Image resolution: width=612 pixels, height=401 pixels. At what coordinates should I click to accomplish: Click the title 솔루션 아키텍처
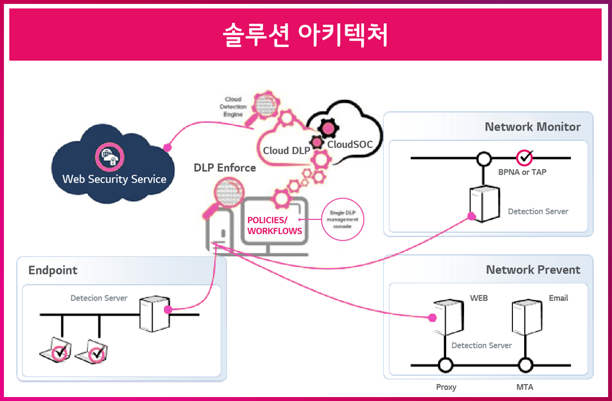tap(305, 34)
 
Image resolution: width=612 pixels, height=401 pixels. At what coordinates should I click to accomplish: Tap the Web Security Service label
tap(114, 179)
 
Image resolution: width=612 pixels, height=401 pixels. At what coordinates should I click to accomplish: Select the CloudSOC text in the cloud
tap(349, 145)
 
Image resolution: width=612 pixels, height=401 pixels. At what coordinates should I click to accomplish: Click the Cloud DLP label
tap(287, 150)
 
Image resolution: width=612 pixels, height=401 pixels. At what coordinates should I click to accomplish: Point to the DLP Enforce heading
tap(225, 168)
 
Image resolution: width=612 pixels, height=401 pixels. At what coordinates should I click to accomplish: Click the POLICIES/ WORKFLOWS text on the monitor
tap(274, 225)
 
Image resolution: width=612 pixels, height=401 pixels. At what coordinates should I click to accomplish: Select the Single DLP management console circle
tap(343, 220)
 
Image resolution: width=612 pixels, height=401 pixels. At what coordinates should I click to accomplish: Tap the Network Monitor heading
tap(532, 127)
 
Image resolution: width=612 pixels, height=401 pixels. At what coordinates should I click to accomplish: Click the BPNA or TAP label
tap(522, 172)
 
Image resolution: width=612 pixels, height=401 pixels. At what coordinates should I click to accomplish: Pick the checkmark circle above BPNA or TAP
tap(524, 158)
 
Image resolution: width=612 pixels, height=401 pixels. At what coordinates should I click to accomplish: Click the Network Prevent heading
tap(533, 270)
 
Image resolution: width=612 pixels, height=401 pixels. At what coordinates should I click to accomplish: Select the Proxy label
tap(446, 387)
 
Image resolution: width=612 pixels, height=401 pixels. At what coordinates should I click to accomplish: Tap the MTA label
tap(525, 387)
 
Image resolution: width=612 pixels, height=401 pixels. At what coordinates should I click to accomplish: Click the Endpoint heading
tap(53, 270)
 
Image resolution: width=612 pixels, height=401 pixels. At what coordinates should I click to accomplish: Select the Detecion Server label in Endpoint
tap(99, 298)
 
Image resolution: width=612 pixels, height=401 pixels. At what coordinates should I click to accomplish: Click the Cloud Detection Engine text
tap(233, 107)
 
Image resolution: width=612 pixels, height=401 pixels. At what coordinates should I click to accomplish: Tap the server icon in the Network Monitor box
tap(483, 204)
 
